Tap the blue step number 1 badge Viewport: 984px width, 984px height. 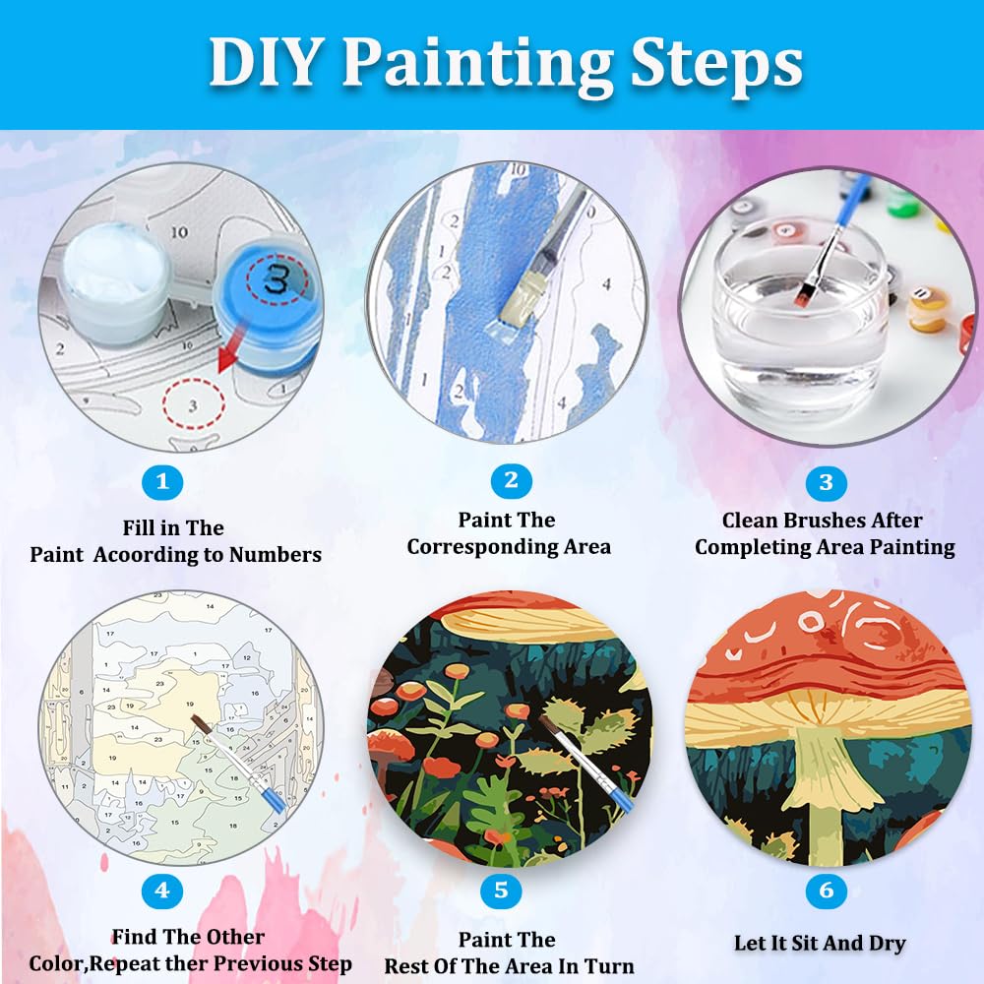163,482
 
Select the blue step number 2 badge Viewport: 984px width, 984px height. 511,480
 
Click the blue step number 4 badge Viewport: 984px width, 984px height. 162,892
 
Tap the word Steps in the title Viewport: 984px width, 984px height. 709,64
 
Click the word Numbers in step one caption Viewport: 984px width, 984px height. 275,555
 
